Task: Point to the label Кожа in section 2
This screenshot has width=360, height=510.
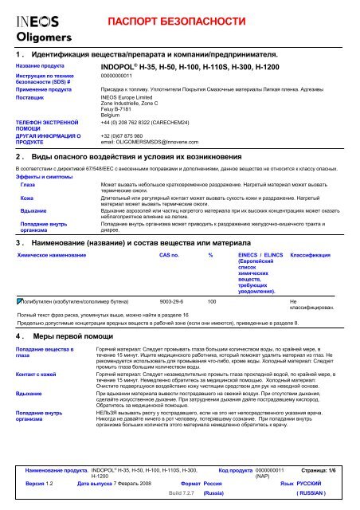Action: (x=27, y=196)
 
